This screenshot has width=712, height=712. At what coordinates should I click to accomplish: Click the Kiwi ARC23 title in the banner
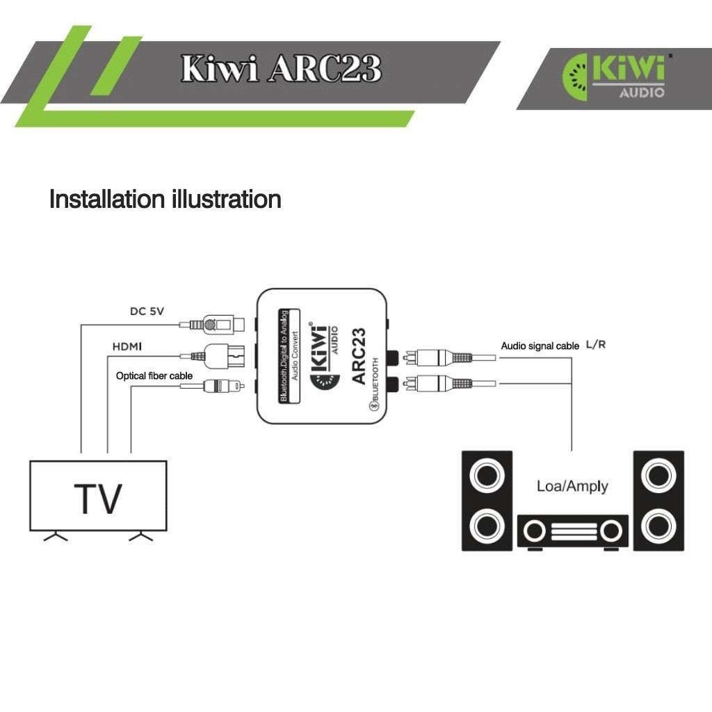tap(281, 69)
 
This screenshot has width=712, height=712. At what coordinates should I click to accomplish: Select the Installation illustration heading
tap(165, 199)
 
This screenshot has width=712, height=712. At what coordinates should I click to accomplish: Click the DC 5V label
tap(147, 311)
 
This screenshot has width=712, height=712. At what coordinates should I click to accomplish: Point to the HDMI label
tap(127, 346)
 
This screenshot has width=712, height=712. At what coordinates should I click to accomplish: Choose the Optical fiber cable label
tap(154, 376)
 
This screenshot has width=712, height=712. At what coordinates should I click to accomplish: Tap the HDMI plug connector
tap(213, 356)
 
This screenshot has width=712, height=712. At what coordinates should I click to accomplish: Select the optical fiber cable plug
tap(213, 387)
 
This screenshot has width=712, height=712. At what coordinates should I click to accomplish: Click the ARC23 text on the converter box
tap(358, 356)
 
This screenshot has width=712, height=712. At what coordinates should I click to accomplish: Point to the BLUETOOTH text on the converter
tap(375, 380)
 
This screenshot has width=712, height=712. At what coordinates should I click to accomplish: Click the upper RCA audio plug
tap(450, 358)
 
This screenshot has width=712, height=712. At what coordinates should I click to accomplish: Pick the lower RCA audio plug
tap(450, 384)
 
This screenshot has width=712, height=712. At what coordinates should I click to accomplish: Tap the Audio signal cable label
tap(540, 346)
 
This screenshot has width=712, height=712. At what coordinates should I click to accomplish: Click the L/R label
tap(596, 345)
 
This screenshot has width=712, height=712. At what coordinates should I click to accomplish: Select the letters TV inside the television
tap(98, 499)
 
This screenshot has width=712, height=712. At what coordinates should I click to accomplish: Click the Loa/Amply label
tap(572, 486)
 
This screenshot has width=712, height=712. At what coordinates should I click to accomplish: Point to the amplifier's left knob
tap(535, 531)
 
